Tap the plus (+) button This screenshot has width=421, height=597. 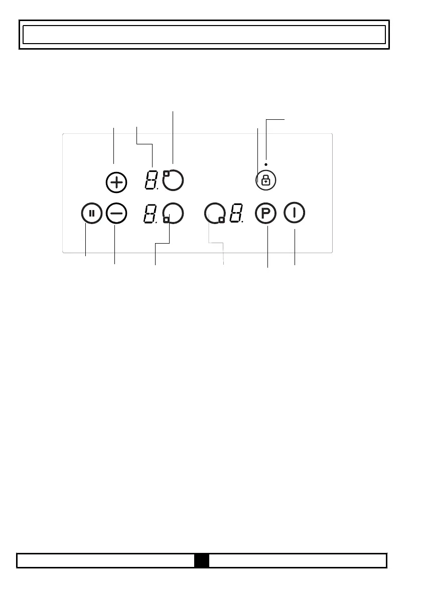coord(116,182)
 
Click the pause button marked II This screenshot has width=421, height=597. coord(91,214)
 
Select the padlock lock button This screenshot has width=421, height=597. coord(265,180)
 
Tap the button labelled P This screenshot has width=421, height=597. coord(265,214)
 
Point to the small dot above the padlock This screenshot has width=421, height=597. coord(265,164)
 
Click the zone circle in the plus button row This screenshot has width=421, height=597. coord(173,180)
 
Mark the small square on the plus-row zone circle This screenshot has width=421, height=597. coord(166,173)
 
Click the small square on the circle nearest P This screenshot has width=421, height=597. coord(221,220)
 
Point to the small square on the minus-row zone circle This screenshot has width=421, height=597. coord(167,220)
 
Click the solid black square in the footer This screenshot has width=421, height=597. coord(202,560)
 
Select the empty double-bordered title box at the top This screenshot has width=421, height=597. coord(204,35)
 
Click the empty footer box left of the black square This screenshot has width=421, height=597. coord(106,560)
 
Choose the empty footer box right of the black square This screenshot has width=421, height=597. coord(298,560)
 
